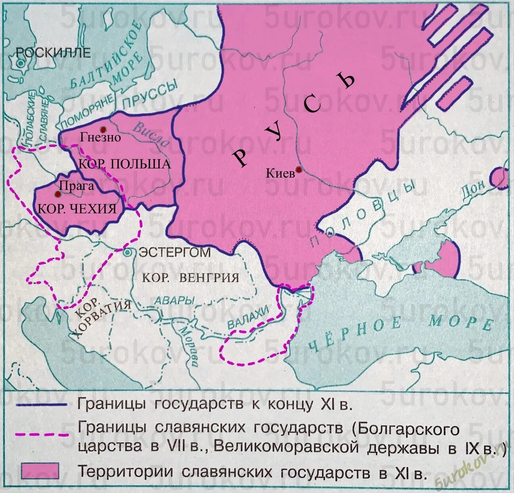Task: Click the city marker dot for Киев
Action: (299, 170)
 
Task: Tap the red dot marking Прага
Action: (58, 194)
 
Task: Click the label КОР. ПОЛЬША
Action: (125, 164)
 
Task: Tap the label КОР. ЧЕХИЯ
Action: (77, 209)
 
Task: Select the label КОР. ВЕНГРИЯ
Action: (190, 277)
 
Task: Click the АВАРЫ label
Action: (174, 301)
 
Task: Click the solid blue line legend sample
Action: (42, 405)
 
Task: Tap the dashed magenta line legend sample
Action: (42, 434)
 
